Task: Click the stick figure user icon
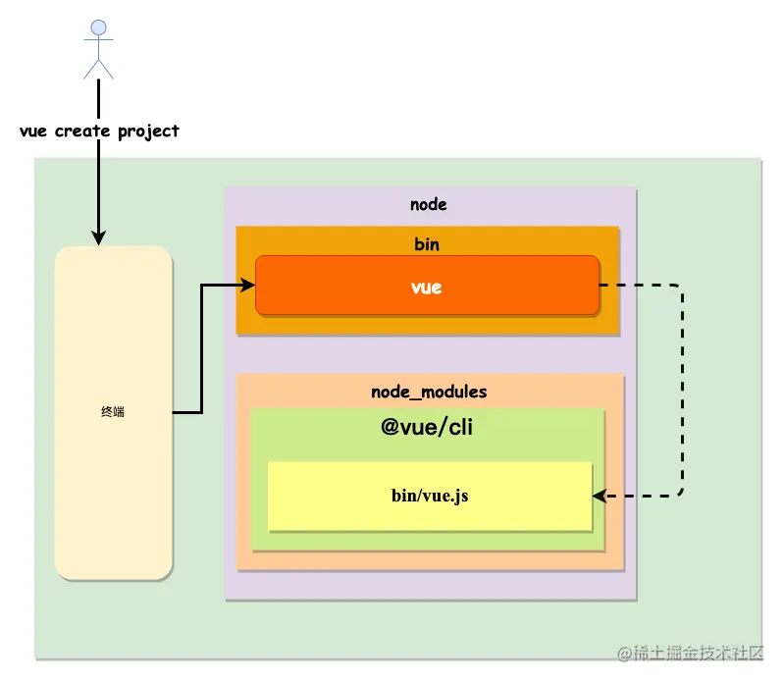pos(98,49)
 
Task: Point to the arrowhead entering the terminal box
pos(98,238)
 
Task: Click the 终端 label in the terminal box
pos(113,412)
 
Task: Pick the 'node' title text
pos(428,205)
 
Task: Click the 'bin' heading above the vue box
pos(427,243)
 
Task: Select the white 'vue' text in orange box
pos(427,288)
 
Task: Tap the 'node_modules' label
pos(429,392)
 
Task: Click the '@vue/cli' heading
pos(427,428)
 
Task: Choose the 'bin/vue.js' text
pos(430,496)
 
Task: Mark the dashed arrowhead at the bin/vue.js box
pos(600,497)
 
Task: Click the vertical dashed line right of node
pos(681,393)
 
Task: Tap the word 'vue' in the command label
pos(34,131)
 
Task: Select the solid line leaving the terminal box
pos(200,353)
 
